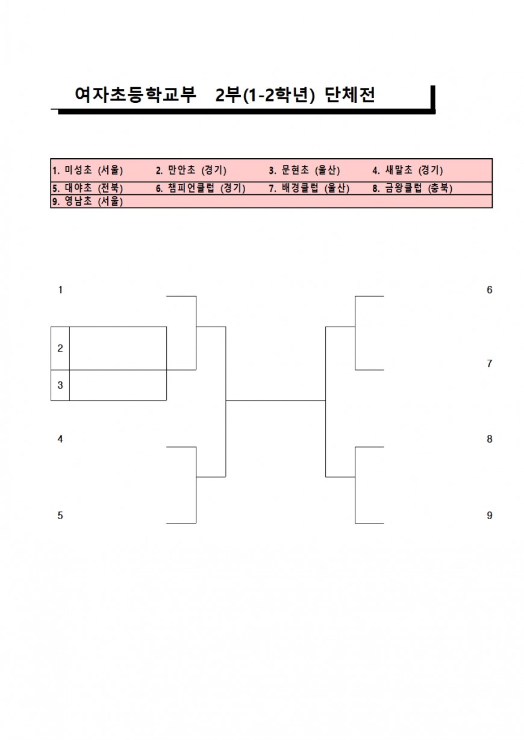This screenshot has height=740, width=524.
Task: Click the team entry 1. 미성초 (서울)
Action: point(87,170)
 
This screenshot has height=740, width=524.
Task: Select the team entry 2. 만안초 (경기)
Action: point(191,170)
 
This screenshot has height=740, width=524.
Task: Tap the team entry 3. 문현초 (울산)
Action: point(304,170)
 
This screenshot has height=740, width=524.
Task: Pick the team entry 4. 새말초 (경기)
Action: point(408,170)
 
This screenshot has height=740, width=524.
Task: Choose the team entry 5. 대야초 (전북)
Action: point(87,188)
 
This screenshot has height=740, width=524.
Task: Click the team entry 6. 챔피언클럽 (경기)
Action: point(201,188)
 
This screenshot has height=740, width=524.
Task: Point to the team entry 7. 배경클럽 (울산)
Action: point(309,188)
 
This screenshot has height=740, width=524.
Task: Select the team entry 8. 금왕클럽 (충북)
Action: point(413,188)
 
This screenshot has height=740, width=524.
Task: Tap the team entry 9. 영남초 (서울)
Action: point(87,202)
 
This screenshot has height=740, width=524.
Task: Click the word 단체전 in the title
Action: point(350,96)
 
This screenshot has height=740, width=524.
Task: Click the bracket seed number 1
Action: point(60,290)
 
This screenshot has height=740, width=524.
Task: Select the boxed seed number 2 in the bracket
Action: point(60,348)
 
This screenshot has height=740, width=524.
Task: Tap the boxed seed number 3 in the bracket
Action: point(60,385)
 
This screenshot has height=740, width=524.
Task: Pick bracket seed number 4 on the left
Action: point(60,439)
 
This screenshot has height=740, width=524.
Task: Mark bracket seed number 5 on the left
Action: point(60,516)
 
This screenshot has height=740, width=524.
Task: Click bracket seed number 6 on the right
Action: point(490,290)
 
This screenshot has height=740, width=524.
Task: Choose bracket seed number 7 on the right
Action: point(490,364)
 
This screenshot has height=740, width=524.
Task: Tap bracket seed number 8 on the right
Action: point(490,439)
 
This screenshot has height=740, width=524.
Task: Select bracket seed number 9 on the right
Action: point(490,516)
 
